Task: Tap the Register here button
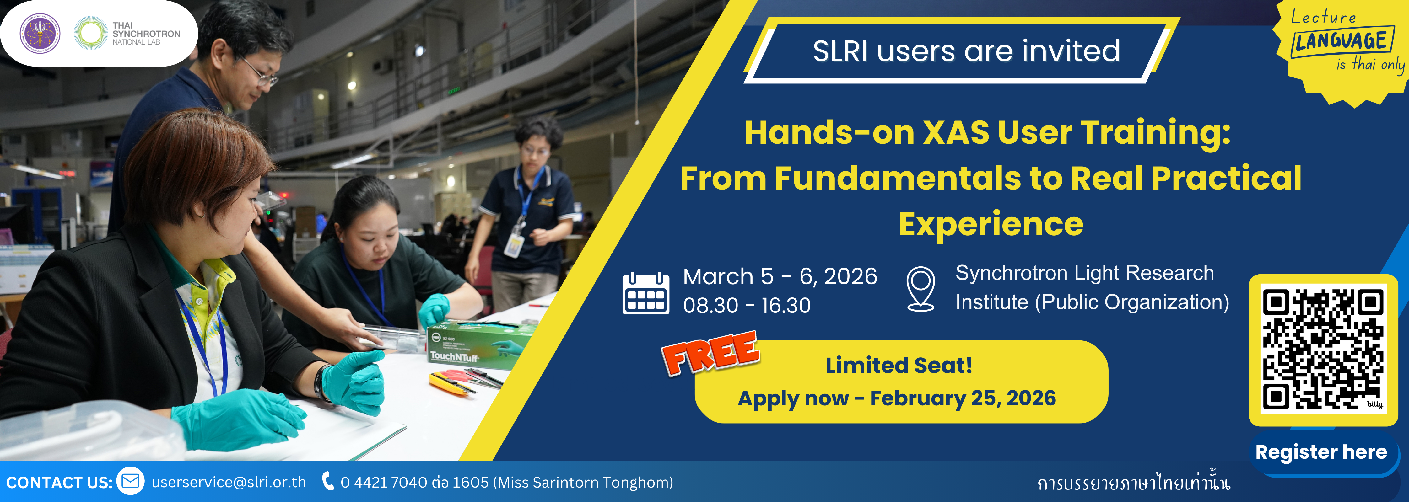(1321, 453)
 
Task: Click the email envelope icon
(131, 481)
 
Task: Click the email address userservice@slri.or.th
(229, 482)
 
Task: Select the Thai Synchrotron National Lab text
(146, 33)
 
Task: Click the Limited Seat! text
(899, 365)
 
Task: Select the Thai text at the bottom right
(1133, 482)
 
